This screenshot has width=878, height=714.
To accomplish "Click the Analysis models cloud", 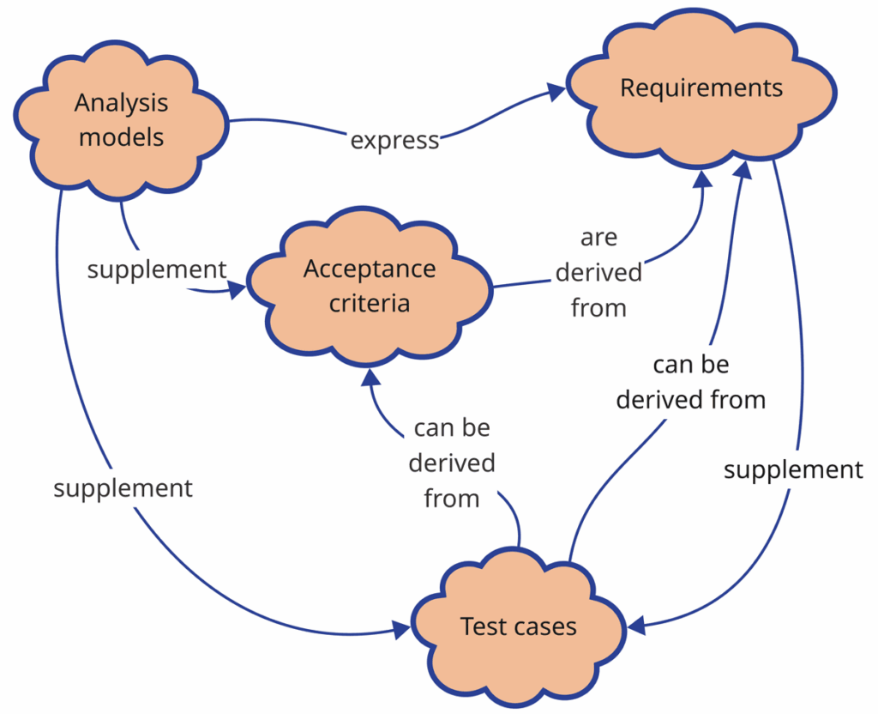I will click(x=120, y=120).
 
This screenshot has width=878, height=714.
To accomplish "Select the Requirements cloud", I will click(x=701, y=89).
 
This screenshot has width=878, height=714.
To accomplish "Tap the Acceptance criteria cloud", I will click(x=370, y=287).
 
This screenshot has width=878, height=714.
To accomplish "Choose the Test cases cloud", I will click(x=518, y=627).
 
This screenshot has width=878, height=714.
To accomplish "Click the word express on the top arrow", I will click(x=395, y=140).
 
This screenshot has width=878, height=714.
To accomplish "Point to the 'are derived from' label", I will click(x=598, y=272).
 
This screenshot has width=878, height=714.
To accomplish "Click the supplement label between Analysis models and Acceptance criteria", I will click(x=157, y=269).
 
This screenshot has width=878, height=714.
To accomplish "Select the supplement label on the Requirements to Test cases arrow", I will click(x=793, y=470).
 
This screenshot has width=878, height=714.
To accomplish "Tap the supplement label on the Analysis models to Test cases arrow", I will click(x=123, y=488).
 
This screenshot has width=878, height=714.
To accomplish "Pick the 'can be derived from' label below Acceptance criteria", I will click(x=452, y=463).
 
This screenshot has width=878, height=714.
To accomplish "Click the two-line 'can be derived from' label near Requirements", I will click(x=691, y=382).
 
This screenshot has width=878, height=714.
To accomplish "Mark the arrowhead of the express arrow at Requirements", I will click(x=556, y=89).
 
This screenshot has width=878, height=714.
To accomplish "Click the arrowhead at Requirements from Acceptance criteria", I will click(x=702, y=178).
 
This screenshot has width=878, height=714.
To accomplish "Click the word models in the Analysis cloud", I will click(x=121, y=137).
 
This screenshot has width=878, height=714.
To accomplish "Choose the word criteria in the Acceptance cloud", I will click(x=370, y=304).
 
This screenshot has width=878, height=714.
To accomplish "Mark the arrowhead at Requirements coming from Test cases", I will click(x=743, y=170).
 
